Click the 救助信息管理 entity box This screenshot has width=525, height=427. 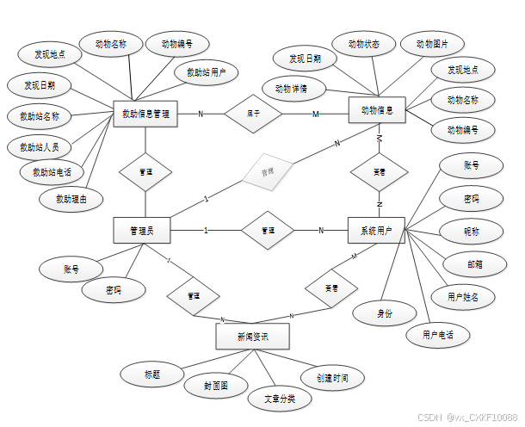(145, 114)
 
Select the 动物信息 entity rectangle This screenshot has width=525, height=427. (377, 110)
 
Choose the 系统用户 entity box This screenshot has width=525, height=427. (376, 230)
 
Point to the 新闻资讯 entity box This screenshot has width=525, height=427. (252, 336)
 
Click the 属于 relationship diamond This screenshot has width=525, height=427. (254, 113)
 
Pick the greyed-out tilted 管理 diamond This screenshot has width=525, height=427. (268, 172)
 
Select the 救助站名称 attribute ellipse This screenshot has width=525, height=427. (40, 115)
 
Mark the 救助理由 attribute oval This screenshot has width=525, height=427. (71, 199)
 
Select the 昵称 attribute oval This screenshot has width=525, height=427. (472, 231)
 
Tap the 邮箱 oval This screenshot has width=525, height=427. (474, 263)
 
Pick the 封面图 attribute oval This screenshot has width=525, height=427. (216, 386)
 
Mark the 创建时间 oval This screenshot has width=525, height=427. (331, 377)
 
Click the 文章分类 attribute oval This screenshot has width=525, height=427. (278, 399)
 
